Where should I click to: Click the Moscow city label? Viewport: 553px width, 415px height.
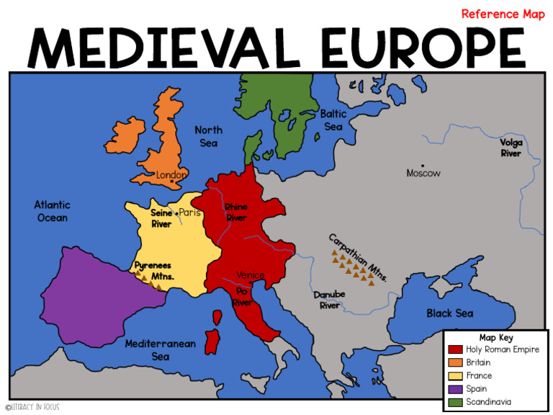pyautogui.click(x=423, y=173)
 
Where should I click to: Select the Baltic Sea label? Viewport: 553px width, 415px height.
pyautogui.click(x=333, y=120)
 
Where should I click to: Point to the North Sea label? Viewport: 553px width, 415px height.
pyautogui.click(x=209, y=136)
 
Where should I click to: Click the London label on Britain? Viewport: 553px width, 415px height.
pyautogui.click(x=171, y=175)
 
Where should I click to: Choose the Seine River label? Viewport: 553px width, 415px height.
pyautogui.click(x=161, y=218)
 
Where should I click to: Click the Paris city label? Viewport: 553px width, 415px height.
pyautogui.click(x=189, y=213)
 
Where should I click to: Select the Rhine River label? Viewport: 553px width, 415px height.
pyautogui.click(x=236, y=213)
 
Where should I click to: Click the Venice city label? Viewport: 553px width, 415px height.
pyautogui.click(x=251, y=275)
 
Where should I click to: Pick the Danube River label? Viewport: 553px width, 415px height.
pyautogui.click(x=329, y=300)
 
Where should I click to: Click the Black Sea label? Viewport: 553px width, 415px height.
pyautogui.click(x=449, y=313)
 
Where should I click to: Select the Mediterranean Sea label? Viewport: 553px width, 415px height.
pyautogui.click(x=160, y=350)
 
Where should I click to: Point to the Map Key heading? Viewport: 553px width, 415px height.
pyautogui.click(x=496, y=337)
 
